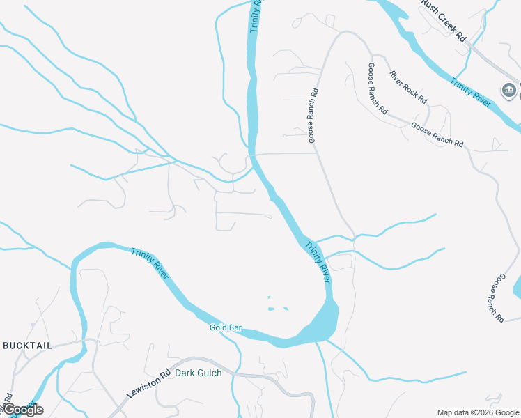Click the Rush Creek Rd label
click(x=442, y=22)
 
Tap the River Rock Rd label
click(x=408, y=87)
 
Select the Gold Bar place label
click(x=225, y=327)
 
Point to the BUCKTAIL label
click(x=27, y=346)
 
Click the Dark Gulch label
click(x=198, y=373)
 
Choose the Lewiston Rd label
click(x=148, y=385)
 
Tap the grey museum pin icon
click(x=508, y=90)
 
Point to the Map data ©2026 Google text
click(x=478, y=412)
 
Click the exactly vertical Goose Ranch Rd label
click(x=313, y=115)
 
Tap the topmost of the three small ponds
click(x=269, y=298)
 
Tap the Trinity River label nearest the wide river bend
click(x=317, y=261)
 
